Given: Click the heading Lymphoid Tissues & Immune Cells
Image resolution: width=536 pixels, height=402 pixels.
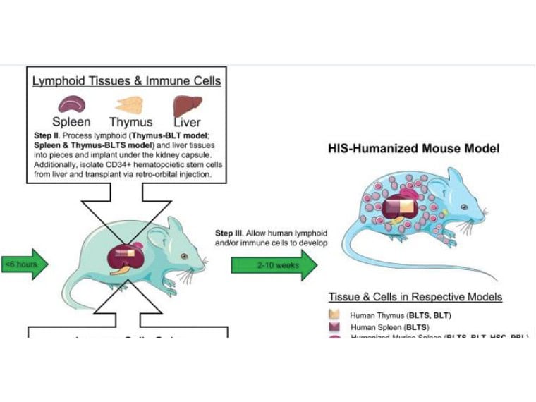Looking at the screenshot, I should (x=127, y=81).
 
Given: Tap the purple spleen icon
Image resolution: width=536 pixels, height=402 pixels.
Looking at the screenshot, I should (x=71, y=105).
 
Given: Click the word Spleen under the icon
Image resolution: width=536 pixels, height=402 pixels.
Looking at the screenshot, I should (x=71, y=122).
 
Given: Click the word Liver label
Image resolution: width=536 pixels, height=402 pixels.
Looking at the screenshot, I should (x=188, y=122).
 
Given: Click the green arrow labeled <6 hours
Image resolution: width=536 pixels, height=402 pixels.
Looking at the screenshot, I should (x=25, y=264).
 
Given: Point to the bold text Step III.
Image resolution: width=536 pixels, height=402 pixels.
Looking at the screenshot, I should (x=231, y=233).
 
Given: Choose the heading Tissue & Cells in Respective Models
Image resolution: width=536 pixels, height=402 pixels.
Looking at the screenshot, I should (x=415, y=297).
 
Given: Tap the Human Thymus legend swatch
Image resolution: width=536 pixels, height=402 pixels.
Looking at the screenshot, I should (x=335, y=315).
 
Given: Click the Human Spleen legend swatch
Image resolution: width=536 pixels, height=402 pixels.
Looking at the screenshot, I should (x=335, y=327).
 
